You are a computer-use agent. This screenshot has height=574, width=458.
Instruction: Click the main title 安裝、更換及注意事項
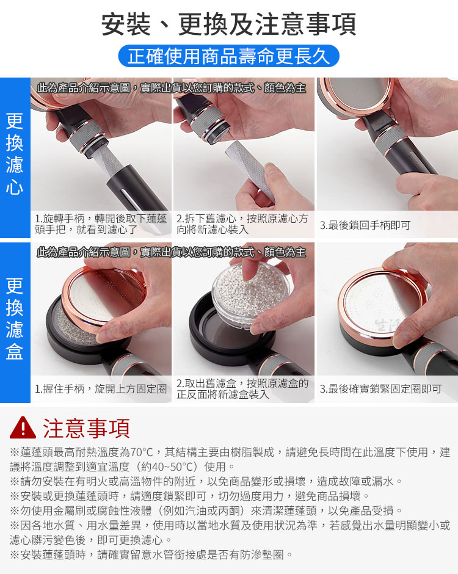coord(228,24)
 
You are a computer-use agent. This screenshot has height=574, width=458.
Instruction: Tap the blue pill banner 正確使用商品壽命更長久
coord(229,56)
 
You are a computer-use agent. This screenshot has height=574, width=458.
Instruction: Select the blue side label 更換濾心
coord(15,154)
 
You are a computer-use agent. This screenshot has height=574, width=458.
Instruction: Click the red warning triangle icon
coord(23,427)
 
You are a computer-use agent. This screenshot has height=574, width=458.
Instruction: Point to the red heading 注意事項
coord(86,428)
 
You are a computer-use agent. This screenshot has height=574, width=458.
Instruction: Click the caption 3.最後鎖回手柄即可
coord(365,225)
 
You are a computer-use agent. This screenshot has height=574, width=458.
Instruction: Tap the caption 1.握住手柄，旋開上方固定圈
coord(101,389)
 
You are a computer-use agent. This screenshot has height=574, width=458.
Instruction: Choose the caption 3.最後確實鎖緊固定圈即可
coord(381,389)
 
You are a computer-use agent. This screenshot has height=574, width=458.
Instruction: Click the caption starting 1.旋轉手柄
coord(101,224)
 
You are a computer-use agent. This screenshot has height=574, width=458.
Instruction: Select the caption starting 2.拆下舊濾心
coord(242,224)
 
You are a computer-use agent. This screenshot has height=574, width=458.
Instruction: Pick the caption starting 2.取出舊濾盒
coord(242,389)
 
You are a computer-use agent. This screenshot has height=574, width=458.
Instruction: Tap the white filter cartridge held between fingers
coord(249,169)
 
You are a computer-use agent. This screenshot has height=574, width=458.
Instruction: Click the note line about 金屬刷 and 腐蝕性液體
coord(207,510)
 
